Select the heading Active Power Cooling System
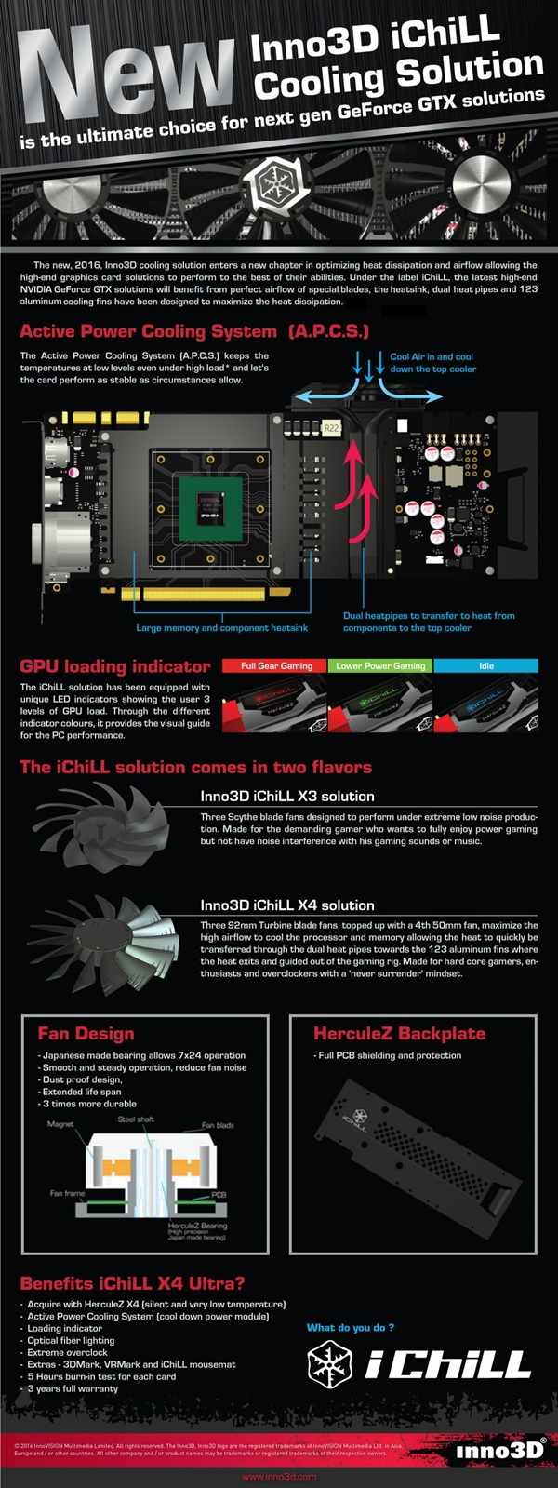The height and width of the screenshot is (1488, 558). (149, 331)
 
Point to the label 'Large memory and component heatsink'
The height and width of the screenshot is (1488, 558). (221, 628)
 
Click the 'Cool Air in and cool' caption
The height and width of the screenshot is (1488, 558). (432, 356)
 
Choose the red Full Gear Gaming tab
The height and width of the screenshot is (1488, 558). (275, 665)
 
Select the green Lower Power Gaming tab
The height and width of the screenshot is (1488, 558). (380, 665)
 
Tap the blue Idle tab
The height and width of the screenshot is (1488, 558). (485, 665)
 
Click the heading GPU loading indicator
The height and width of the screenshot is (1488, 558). (115, 666)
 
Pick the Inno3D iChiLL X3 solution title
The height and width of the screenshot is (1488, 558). (287, 797)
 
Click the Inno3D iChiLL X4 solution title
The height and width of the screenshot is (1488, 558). (287, 905)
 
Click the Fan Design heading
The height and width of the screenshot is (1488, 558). (86, 1034)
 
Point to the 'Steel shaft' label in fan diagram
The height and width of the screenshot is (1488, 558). (136, 1119)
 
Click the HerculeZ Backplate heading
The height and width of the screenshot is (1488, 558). (399, 1034)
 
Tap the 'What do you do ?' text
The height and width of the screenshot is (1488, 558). (351, 1327)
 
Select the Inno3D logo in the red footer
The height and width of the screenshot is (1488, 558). (500, 1450)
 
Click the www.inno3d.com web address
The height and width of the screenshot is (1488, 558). (279, 1477)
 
